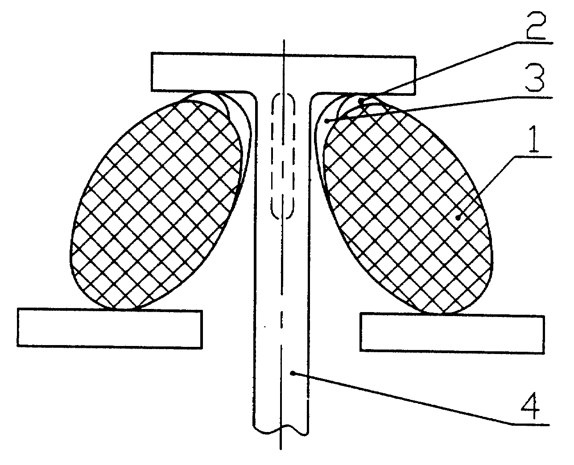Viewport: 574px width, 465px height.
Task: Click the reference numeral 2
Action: tap(536, 25)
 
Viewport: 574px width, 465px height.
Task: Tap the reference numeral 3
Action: tap(535, 78)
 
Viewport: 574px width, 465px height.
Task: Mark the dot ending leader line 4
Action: tap(293, 373)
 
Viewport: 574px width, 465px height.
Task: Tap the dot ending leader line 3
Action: tap(327, 121)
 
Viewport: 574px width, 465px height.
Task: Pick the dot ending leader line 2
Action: tap(361, 101)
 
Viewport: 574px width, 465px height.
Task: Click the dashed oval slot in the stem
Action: tap(282, 156)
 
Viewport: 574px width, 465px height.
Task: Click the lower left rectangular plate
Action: tap(110, 329)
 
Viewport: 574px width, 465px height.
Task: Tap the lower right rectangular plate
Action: tap(452, 333)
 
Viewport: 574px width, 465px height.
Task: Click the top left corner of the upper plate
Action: tap(152, 53)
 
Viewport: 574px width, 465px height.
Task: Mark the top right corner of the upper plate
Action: tap(415, 57)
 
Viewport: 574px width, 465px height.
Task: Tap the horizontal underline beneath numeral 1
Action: tap(533, 157)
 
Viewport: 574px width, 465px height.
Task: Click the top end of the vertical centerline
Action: tap(284, 40)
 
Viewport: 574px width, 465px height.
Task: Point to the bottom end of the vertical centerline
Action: tap(281, 449)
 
